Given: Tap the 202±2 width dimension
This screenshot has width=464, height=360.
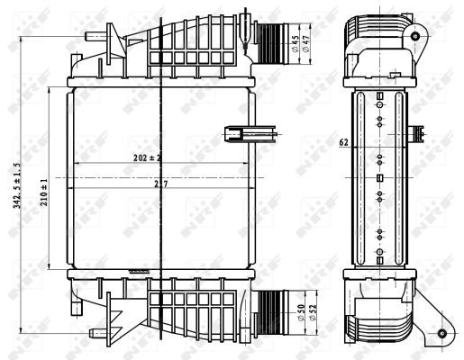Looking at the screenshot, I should click(x=146, y=158).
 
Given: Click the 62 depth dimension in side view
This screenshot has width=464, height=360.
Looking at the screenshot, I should click(x=343, y=141).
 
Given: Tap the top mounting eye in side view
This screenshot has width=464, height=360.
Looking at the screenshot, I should click(x=416, y=36).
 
